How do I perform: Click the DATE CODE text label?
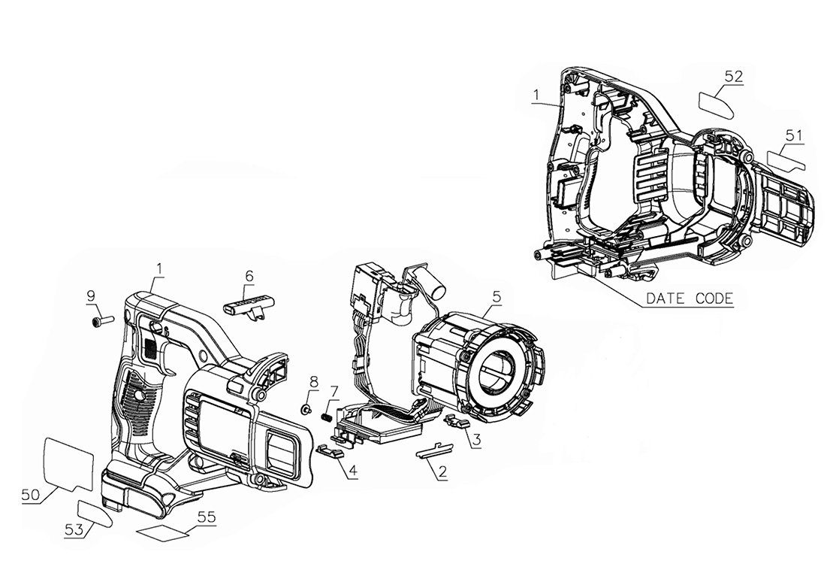click(x=689, y=299)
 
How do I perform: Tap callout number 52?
click(x=733, y=77)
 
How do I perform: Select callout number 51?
click(x=794, y=135)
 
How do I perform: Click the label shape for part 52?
click(x=717, y=105)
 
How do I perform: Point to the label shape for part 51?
click(x=786, y=159)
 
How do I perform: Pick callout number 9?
click(x=91, y=295)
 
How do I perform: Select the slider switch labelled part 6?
click(x=248, y=307)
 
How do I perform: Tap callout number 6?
click(x=249, y=276)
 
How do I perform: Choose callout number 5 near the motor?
click(x=496, y=297)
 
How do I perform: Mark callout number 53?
click(x=74, y=529)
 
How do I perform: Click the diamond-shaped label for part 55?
click(x=162, y=532)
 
